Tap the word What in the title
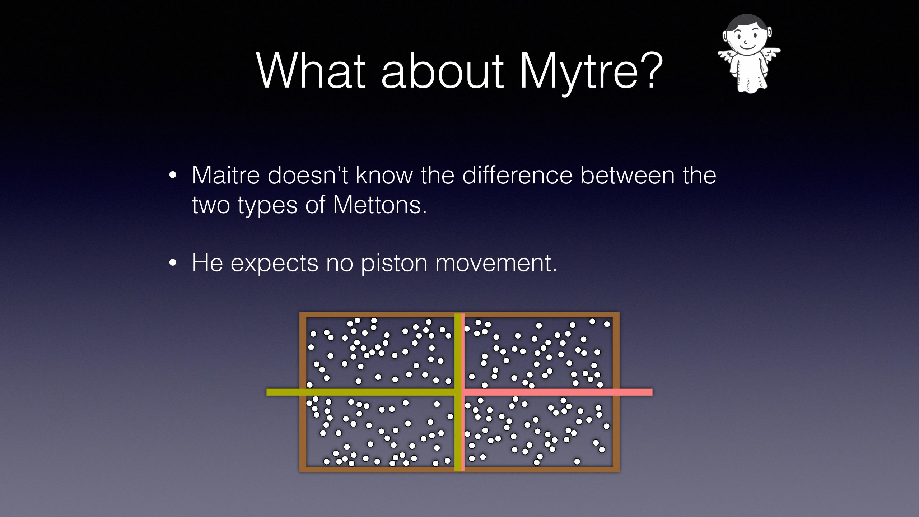311,70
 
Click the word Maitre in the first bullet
226,175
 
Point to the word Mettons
380,205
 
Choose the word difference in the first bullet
517,175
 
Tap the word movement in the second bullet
496,263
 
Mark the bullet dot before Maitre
173,176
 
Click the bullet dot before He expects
173,263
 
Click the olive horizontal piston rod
361,392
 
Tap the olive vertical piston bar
458,392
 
